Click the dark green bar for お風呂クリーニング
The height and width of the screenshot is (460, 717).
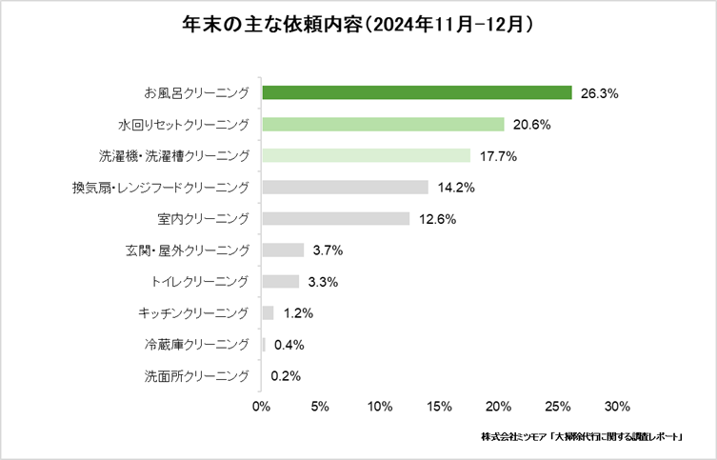pyautogui.click(x=416, y=93)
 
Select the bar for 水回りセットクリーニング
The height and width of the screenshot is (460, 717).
pyautogui.click(x=383, y=125)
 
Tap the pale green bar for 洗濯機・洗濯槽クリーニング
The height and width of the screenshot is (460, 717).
pyautogui.click(x=366, y=155)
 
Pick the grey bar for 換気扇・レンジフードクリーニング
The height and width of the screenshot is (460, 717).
pyautogui.click(x=345, y=188)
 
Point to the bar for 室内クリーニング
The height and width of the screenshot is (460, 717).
pyautogui.click(x=335, y=219)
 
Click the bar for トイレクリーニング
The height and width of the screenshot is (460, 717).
pyautogui.click(x=280, y=281)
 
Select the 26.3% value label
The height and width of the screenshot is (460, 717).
pyautogui.click(x=600, y=93)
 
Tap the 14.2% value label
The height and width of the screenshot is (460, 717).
pyautogui.click(x=456, y=188)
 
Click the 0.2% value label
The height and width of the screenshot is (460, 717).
pyautogui.click(x=286, y=375)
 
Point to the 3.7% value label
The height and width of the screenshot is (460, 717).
pyautogui.click(x=328, y=250)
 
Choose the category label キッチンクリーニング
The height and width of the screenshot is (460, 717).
pyautogui.click(x=193, y=312)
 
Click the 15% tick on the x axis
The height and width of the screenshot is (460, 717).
pyautogui.click(x=439, y=407)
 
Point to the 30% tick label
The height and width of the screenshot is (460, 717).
pyautogui.click(x=616, y=407)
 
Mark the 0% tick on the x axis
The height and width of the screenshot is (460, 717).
pyautogui.click(x=262, y=407)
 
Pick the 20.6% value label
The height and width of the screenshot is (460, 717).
pyautogui.click(x=532, y=125)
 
